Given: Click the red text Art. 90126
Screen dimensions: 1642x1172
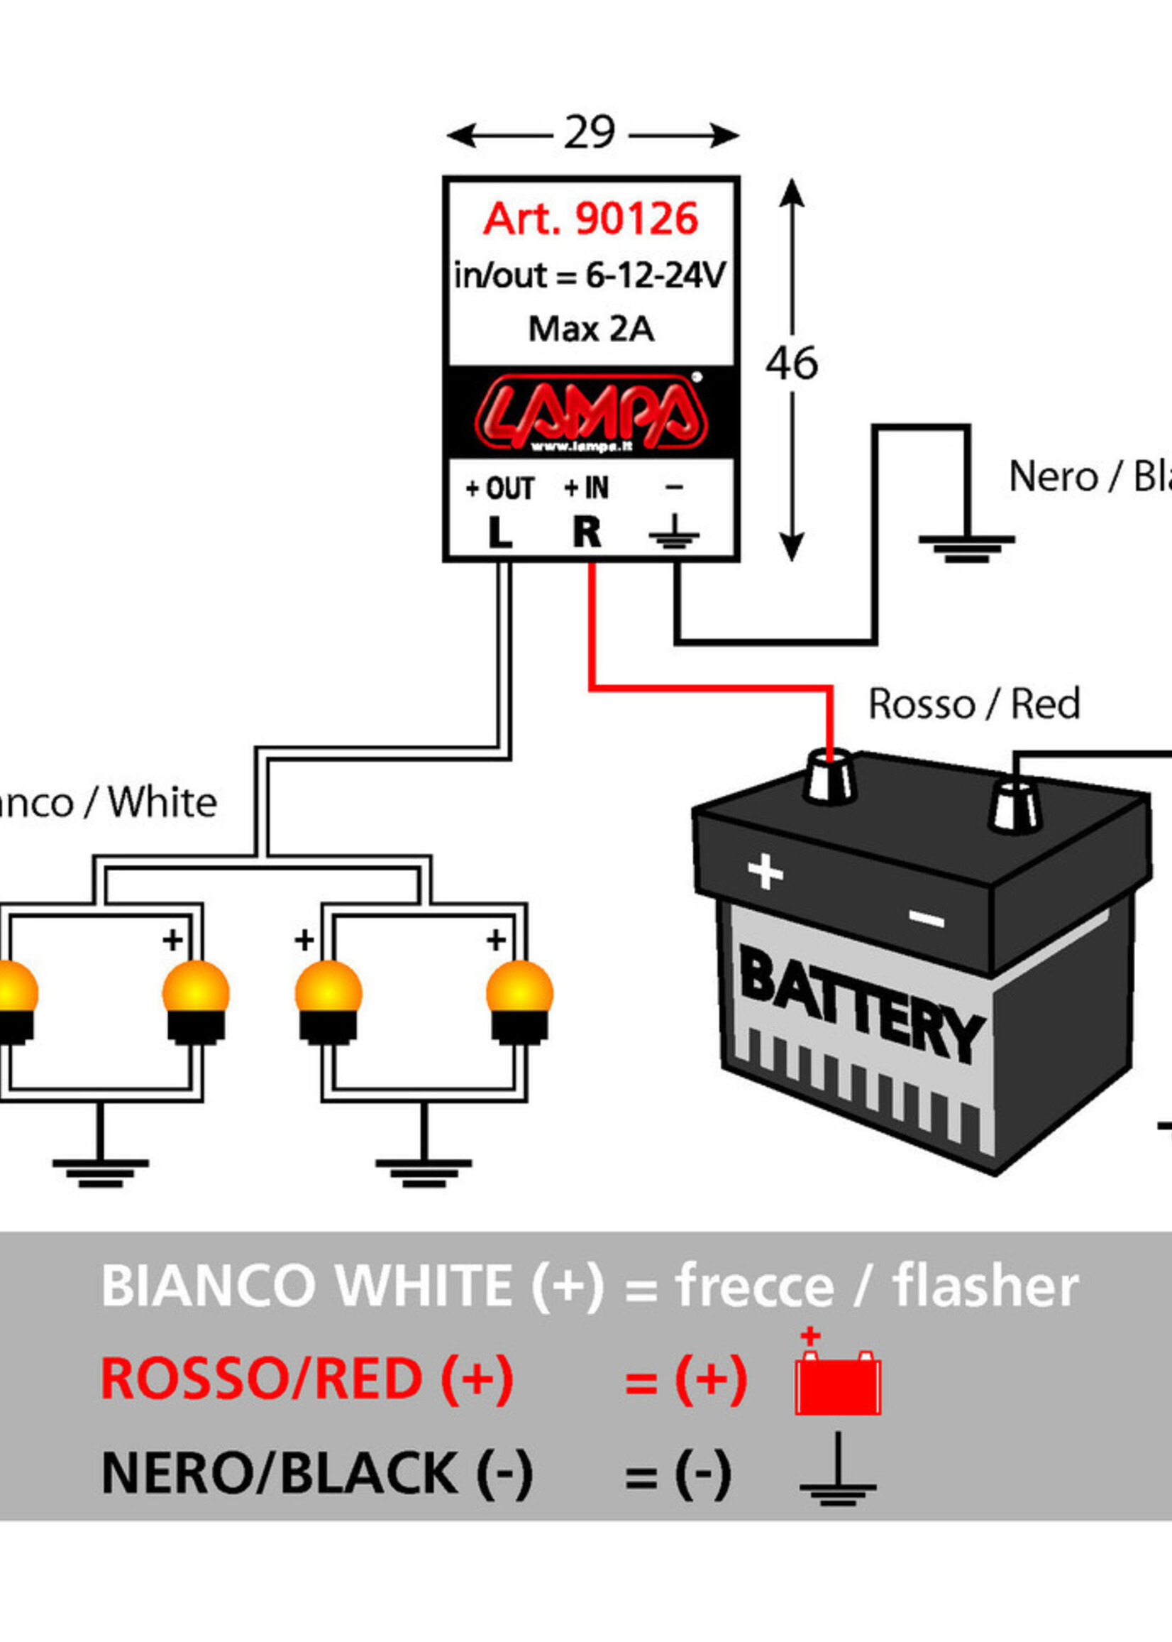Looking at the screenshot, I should (590, 219).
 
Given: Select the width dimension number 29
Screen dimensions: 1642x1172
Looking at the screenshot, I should (590, 133).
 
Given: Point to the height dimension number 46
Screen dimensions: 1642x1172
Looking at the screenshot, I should (792, 363).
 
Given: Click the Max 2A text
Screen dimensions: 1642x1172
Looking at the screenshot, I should (591, 329).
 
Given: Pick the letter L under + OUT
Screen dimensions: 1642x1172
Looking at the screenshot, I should (499, 533).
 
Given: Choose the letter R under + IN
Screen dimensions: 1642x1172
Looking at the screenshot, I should (587, 533).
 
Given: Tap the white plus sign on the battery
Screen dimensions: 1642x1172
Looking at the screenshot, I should (765, 872).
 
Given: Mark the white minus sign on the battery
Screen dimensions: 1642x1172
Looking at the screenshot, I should (927, 919).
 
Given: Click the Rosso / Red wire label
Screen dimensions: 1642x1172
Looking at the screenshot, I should (974, 704).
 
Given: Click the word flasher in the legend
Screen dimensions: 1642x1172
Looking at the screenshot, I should (986, 1288).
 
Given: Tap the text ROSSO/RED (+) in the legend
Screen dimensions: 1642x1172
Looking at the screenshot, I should (306, 1379).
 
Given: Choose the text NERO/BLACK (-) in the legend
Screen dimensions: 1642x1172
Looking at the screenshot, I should (317, 1473).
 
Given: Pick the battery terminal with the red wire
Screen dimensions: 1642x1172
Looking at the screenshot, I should (830, 776).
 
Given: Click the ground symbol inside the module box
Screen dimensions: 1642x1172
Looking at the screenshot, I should (674, 533).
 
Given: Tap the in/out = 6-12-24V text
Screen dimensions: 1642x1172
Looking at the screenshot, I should (589, 276).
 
